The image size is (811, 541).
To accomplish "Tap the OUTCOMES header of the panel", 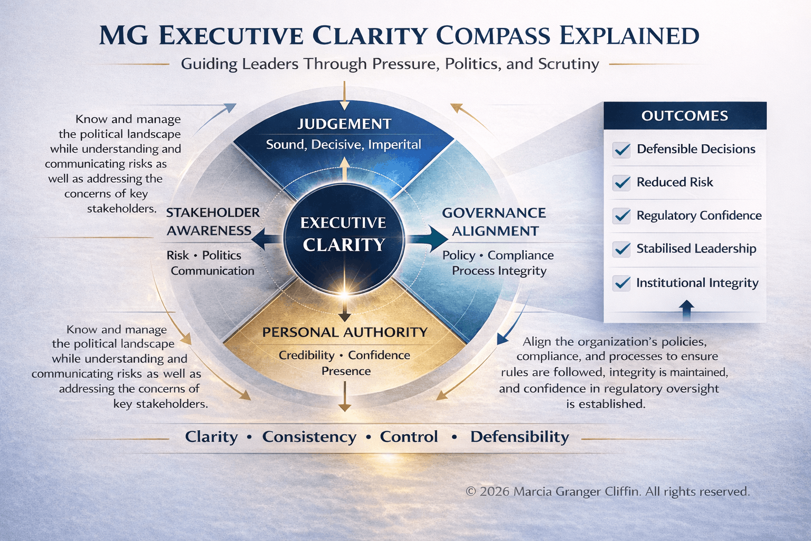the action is click(685, 116).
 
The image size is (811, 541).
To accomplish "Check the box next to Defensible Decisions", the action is click(621, 150).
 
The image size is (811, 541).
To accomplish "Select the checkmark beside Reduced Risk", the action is click(621, 183).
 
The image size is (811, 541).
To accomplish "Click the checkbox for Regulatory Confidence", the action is click(621, 216).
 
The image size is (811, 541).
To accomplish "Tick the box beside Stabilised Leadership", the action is click(621, 249).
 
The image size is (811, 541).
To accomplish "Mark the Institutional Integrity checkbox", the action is click(621, 283).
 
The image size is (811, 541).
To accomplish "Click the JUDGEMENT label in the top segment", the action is click(344, 124).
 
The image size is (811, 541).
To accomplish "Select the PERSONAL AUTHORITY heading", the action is click(345, 332).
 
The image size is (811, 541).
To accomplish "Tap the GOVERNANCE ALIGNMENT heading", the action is click(495, 222).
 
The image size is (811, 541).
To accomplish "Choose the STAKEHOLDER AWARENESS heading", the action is click(213, 221).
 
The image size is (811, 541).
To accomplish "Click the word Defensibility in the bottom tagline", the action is click(520, 437).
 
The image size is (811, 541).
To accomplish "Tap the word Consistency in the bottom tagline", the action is click(309, 437).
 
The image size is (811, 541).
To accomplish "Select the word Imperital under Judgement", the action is click(394, 145).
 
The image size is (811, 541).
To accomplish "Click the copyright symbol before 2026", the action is click(470, 492).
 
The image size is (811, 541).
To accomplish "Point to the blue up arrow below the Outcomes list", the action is click(686, 310).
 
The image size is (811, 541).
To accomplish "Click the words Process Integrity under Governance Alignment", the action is click(499, 271).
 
